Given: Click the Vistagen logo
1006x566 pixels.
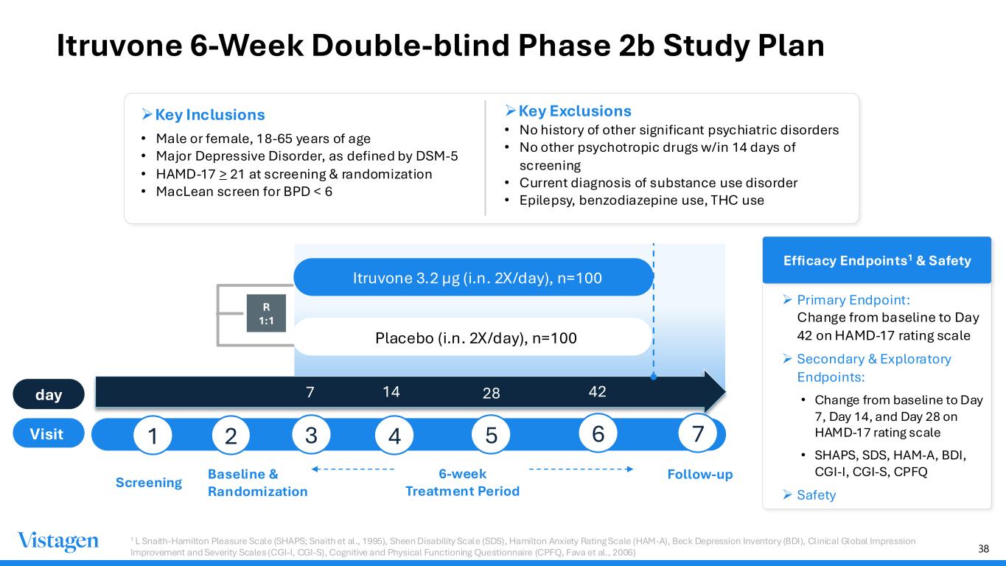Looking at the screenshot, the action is (58, 541).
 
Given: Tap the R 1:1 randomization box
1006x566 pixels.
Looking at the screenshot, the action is (266, 313).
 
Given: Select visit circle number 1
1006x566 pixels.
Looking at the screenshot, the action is (153, 436).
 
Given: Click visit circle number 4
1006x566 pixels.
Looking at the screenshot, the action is (394, 436).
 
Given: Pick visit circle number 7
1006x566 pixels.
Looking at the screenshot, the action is (697, 433).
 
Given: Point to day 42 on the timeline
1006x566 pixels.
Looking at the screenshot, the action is (597, 392).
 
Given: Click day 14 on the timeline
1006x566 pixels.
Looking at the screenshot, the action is (391, 392).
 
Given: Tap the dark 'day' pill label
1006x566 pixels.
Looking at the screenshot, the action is (49, 394).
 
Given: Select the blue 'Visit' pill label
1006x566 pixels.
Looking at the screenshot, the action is (49, 433).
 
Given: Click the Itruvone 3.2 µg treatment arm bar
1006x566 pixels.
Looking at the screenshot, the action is (473, 277).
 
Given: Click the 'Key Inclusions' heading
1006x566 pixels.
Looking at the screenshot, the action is (210, 114).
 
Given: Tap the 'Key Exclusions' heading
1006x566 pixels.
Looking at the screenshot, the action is (575, 111).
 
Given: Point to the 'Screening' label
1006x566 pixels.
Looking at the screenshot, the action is (149, 483).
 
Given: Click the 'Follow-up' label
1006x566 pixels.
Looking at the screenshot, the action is (699, 475).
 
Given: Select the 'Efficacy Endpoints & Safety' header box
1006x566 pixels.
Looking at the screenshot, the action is (877, 260).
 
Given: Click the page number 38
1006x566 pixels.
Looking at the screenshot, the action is (984, 548).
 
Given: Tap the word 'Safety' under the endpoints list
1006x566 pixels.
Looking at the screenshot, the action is (816, 495).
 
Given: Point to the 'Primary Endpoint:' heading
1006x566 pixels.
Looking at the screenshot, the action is (853, 300).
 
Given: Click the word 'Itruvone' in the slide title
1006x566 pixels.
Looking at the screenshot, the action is (119, 46).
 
